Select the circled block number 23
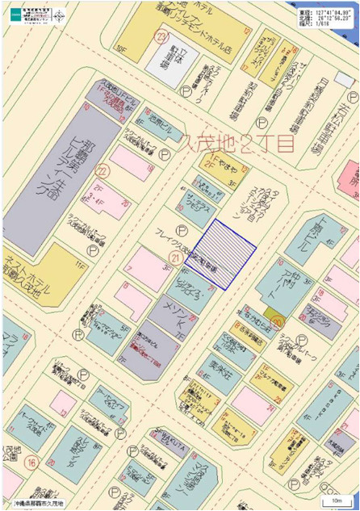162,36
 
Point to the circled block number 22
102,171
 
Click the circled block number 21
174,257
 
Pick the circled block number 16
31,463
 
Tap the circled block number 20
278,321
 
